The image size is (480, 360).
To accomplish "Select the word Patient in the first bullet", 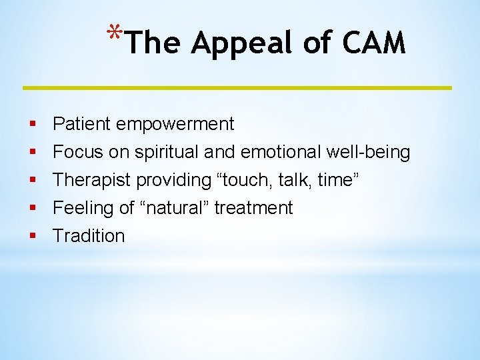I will click(82, 124).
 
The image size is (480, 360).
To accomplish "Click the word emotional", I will click(281, 152).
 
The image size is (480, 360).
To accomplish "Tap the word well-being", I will click(368, 152).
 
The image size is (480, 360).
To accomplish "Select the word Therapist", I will click(91, 180).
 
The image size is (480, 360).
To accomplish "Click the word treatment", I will click(253, 208).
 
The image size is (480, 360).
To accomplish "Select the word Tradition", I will click(89, 236).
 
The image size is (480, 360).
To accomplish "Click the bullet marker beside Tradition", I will click(33, 236).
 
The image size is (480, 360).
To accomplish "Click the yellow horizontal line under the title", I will click(237, 87).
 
